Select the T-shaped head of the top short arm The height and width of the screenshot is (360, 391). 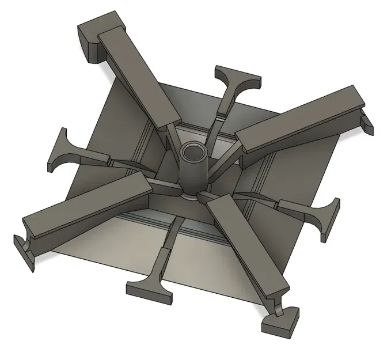tap(237, 77)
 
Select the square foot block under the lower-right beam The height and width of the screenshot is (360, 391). tap(281, 323)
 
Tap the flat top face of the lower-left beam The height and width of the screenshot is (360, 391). tap(86, 207)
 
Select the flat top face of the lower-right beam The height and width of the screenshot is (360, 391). tap(248, 242)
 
